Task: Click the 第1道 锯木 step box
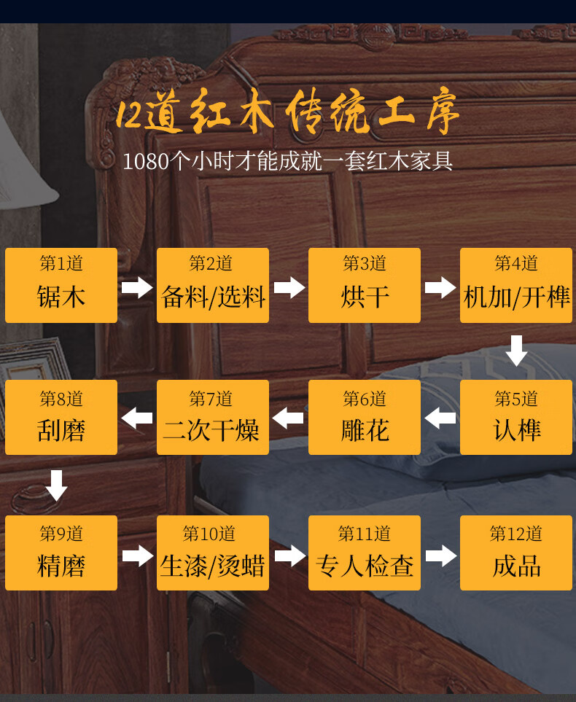click(61, 285)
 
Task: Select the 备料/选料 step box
click(213, 285)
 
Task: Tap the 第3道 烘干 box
click(365, 285)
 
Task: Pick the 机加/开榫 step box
click(516, 285)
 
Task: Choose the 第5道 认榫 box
click(516, 418)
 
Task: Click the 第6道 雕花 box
click(365, 418)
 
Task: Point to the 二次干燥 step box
click(213, 418)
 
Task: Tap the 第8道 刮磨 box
click(61, 418)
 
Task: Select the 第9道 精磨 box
click(61, 553)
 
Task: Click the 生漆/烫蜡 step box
click(213, 553)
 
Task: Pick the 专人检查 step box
click(365, 553)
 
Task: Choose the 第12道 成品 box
click(516, 553)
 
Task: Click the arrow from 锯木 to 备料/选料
click(137, 287)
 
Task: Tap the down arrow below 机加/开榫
click(516, 351)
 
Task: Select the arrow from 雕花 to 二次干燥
click(289, 418)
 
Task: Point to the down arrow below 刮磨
click(56, 485)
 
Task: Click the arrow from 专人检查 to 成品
click(440, 555)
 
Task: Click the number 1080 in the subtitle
click(146, 161)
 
